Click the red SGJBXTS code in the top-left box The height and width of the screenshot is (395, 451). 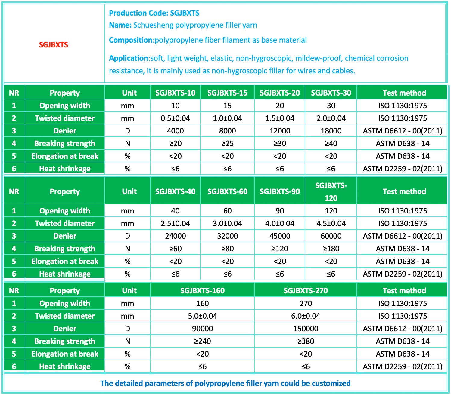[54, 45]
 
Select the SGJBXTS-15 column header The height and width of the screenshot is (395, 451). [227, 93]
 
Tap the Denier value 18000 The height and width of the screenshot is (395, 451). [331, 131]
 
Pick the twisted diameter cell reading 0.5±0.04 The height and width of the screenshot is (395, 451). [175, 118]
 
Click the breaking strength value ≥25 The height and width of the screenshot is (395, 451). [227, 143]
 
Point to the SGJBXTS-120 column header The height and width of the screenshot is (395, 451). [331, 191]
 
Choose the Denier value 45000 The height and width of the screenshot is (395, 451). [280, 236]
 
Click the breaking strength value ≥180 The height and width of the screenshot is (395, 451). [331, 249]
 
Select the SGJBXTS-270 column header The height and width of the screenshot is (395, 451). [306, 291]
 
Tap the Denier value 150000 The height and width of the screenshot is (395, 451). [306, 329]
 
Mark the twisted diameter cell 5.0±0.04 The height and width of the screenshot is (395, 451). [202, 316]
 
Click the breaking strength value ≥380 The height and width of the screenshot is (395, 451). [306, 341]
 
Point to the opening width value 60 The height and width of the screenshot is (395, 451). [227, 211]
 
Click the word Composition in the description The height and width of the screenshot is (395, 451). [131, 40]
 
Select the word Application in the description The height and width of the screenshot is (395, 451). [129, 58]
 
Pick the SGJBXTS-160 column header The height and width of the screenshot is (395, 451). [202, 291]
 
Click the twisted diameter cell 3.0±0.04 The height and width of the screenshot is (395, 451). [227, 223]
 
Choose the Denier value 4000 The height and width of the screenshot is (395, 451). [175, 131]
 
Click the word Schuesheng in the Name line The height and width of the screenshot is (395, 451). [153, 25]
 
